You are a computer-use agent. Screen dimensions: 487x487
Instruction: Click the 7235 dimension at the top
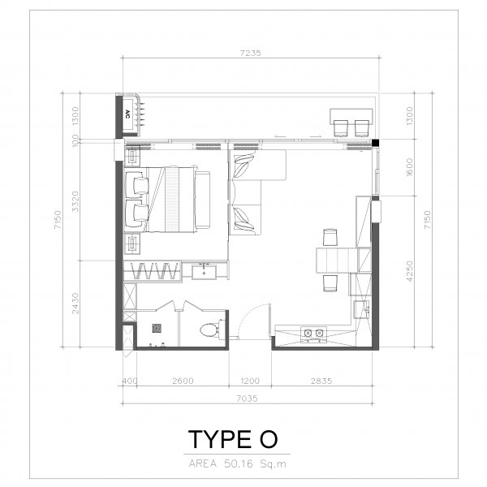250,53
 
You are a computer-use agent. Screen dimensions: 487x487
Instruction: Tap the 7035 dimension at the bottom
248,399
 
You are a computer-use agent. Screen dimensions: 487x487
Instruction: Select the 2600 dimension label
183,381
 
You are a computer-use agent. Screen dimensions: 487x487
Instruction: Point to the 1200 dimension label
250,381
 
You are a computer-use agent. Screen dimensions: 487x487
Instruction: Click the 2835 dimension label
321,381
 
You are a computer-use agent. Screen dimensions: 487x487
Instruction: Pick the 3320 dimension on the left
75,201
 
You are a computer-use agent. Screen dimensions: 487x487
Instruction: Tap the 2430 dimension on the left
75,303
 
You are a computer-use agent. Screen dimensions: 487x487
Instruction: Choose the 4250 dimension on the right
410,271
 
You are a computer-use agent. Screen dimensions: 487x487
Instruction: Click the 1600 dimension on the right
410,167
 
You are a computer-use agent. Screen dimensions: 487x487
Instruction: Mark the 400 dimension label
129,381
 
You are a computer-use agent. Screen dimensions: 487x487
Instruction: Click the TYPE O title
233,439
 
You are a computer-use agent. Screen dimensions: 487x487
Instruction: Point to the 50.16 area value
238,464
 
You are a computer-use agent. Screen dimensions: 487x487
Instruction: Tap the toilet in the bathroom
210,330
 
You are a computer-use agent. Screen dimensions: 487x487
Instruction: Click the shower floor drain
157,328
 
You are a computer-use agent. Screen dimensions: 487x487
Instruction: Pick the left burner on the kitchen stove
308,334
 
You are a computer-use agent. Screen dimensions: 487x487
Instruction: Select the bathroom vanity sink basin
204,272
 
